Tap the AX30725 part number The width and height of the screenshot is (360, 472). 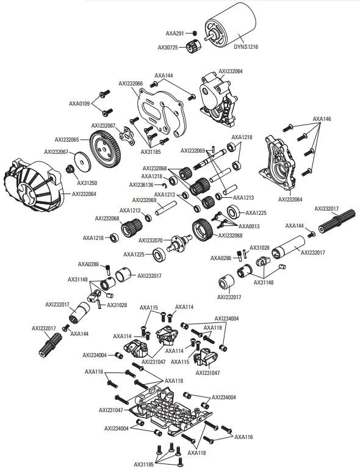(x=168, y=47)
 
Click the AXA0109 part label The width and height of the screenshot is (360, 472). (x=79, y=104)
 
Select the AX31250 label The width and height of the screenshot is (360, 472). (x=88, y=182)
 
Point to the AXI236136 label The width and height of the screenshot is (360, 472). (x=145, y=184)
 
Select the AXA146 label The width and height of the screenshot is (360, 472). (x=322, y=119)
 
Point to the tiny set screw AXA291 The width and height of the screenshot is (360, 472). (x=193, y=33)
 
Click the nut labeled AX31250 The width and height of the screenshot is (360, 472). (x=70, y=169)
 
